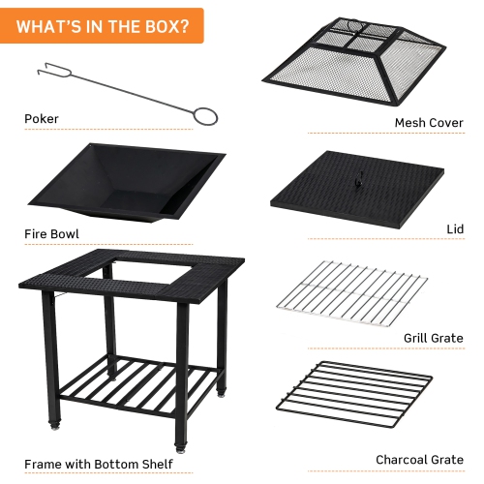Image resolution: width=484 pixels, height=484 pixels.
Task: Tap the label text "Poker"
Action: tap(42, 119)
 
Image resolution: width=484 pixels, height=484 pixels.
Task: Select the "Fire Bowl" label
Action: tap(51, 233)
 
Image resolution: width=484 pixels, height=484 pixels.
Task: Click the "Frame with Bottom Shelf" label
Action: tap(99, 464)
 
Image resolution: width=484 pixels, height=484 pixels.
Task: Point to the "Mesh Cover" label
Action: tap(429, 123)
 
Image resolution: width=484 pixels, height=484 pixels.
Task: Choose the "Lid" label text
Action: tap(455, 229)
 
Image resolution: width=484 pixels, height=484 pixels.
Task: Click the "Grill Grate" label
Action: tap(433, 338)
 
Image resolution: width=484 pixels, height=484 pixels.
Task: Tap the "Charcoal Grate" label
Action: tap(420, 460)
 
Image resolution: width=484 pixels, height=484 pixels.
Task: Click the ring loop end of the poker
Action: tap(204, 116)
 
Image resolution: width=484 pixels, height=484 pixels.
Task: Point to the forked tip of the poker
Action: tap(46, 70)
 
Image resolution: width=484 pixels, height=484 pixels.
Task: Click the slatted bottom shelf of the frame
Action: tap(136, 386)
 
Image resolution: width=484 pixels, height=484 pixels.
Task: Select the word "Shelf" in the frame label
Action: tap(157, 464)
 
